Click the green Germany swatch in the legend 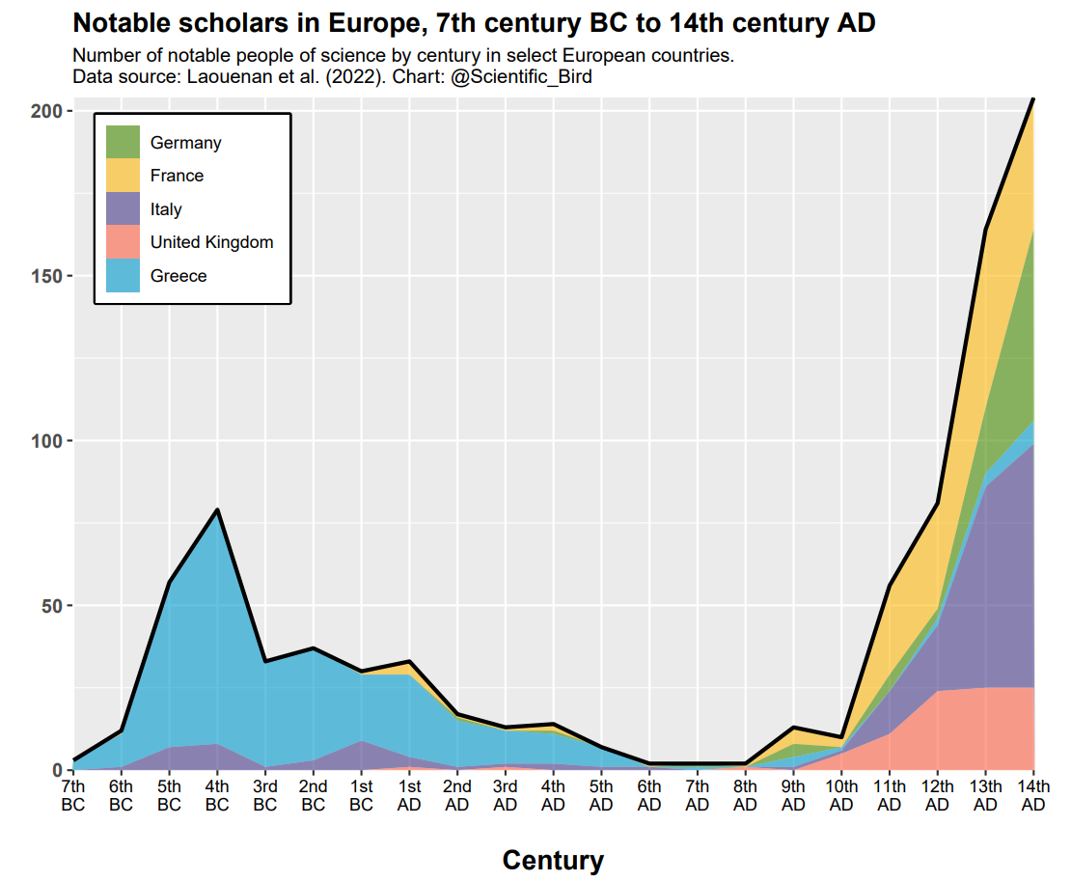(123, 143)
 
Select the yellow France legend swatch (123, 176)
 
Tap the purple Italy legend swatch (123, 209)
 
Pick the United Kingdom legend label (211, 242)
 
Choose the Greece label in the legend (178, 276)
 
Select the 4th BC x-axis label (217, 795)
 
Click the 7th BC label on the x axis (73, 795)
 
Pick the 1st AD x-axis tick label (409, 795)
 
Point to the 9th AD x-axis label (793, 795)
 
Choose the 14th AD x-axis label (1033, 795)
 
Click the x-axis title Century (553, 860)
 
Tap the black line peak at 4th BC (217, 509)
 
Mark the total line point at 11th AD (889, 585)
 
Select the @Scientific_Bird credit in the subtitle (521, 77)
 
